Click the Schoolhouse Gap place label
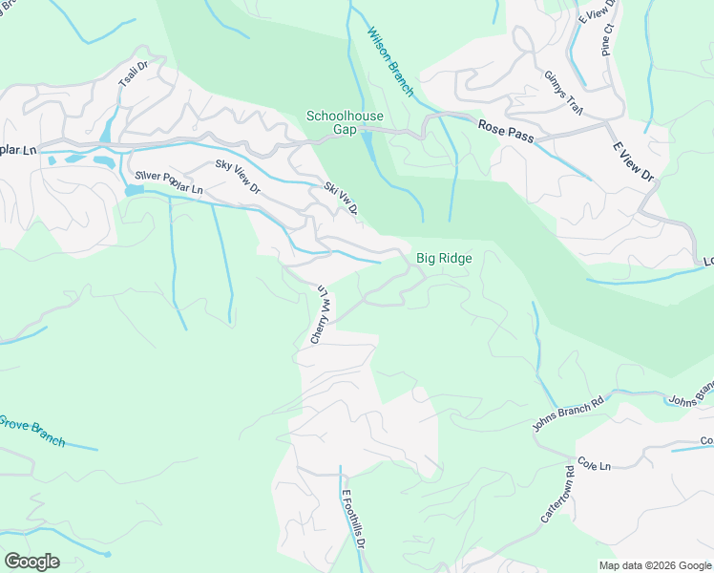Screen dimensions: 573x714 [345, 122]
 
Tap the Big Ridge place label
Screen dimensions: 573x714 [444, 258]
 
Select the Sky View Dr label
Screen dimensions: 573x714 [238, 178]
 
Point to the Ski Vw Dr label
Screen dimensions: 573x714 [342, 198]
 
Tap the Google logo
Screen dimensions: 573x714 [31, 562]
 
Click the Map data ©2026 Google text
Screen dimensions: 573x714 [654, 565]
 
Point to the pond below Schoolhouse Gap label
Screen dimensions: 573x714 [368, 147]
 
